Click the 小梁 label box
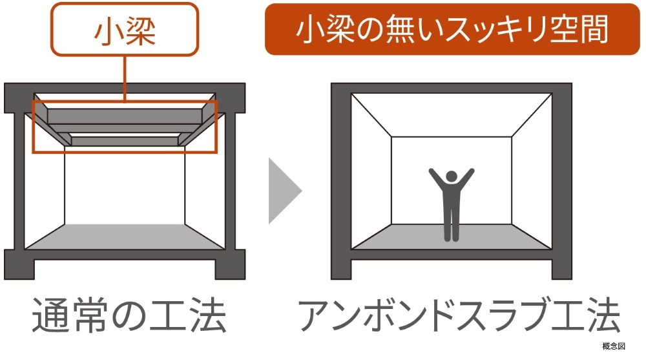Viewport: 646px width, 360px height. pyautogui.click(x=125, y=31)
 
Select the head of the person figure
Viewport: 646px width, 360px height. pyautogui.click(x=452, y=176)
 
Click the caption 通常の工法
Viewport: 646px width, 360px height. pyautogui.click(x=129, y=315)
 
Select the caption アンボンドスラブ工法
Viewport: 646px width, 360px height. pyautogui.click(x=459, y=315)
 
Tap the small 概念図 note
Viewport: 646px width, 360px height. pyautogui.click(x=614, y=347)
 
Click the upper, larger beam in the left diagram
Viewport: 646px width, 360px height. pyautogui.click(x=125, y=116)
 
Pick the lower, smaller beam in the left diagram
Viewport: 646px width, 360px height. pyautogui.click(x=125, y=138)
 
